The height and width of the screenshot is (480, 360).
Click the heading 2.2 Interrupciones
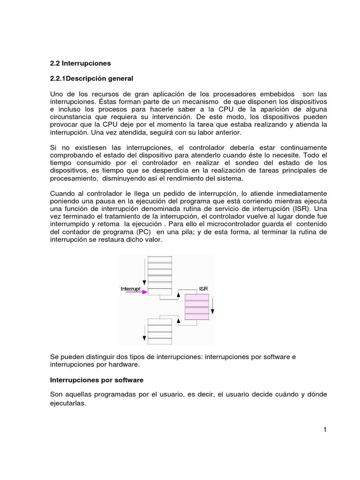[x=80, y=63]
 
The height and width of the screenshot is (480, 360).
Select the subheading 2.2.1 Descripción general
[x=92, y=78]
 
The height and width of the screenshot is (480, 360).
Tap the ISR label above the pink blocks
[x=203, y=289]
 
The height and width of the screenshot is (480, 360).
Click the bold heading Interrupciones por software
[x=97, y=379]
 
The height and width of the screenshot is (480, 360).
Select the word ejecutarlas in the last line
[x=68, y=403]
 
